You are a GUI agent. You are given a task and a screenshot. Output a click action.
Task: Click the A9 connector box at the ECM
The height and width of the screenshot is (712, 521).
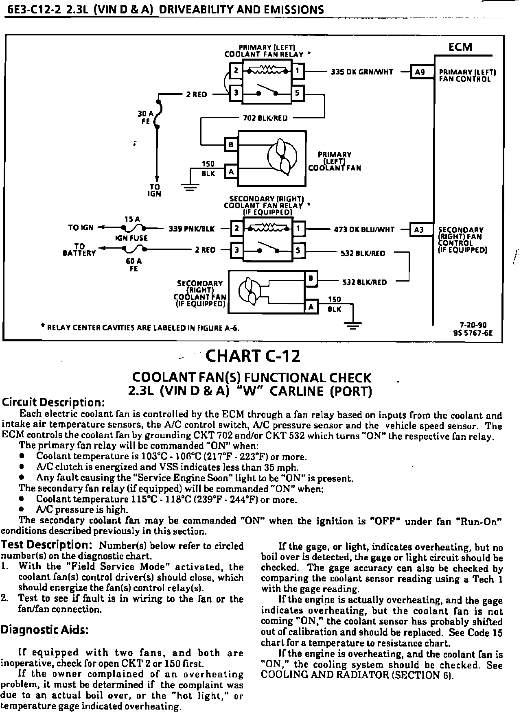coord(420,72)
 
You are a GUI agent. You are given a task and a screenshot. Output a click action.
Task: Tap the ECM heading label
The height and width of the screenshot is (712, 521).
coord(460,47)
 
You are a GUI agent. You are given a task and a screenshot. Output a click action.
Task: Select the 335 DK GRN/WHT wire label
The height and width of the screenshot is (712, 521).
coord(362,72)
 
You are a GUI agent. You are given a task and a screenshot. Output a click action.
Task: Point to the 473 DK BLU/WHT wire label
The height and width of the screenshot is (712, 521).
coord(364,229)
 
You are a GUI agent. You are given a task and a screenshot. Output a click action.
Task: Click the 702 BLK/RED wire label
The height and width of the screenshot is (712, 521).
coord(265,118)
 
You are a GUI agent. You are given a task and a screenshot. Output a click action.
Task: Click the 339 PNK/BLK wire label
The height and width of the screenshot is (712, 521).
coord(192,229)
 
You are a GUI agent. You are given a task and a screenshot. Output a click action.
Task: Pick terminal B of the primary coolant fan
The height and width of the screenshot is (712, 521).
coord(231,144)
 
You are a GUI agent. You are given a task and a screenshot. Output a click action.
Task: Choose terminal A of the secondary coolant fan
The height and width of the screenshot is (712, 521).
coord(311,307)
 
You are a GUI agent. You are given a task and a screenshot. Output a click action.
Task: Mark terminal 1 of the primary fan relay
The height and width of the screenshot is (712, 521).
coord(298,71)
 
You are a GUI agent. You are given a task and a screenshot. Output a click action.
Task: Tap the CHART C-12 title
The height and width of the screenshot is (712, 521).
coord(253,356)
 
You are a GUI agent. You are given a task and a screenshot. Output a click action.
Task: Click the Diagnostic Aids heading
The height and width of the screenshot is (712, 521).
coord(45,630)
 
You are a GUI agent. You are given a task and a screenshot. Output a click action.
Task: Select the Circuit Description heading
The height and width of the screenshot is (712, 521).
coord(54,402)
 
